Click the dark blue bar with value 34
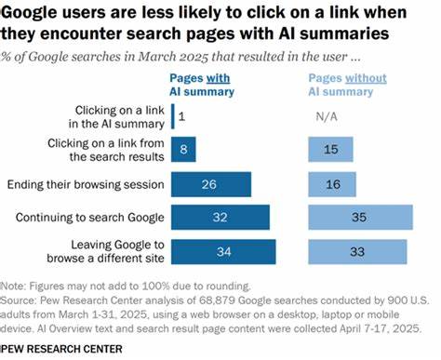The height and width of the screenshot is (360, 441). pyautogui.click(x=223, y=252)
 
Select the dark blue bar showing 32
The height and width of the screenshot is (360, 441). pyautogui.click(x=220, y=218)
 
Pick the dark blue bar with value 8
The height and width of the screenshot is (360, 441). pyautogui.click(x=187, y=149)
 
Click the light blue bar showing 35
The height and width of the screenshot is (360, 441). pyautogui.click(x=360, y=218)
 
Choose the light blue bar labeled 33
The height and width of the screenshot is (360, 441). pyautogui.click(x=357, y=252)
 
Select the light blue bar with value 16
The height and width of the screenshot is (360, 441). pyautogui.click(x=333, y=183)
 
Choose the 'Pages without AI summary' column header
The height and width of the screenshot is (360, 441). pyautogui.click(x=350, y=85)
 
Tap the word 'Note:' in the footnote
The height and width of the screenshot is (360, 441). pyautogui.click(x=15, y=286)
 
